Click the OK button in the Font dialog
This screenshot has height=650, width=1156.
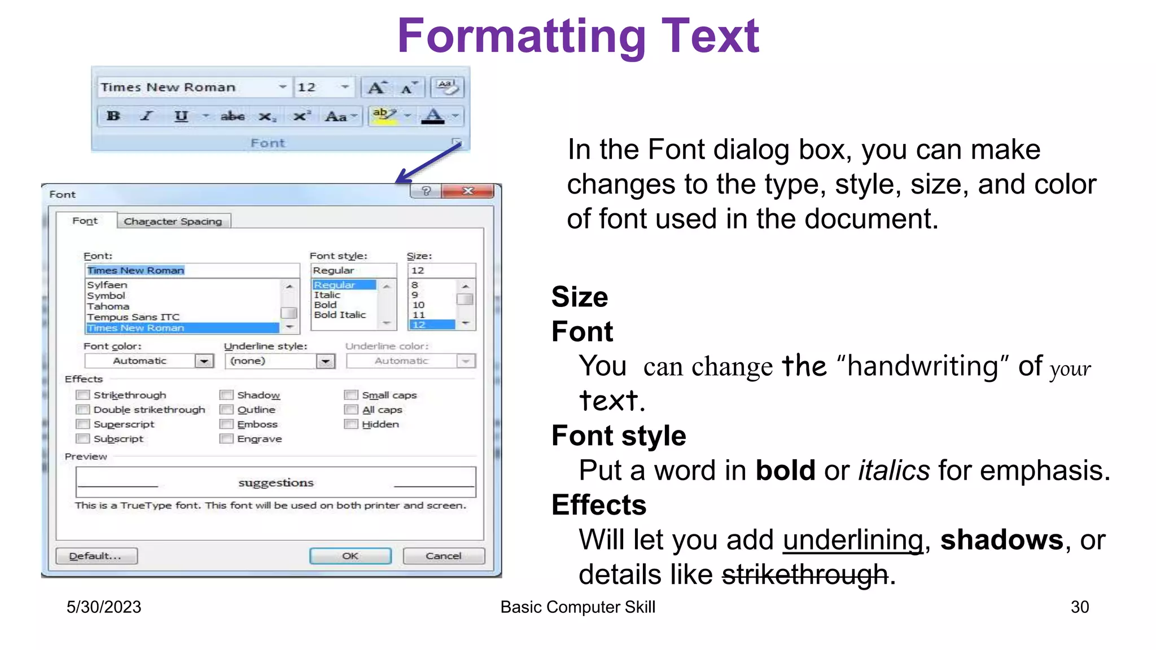[350, 556]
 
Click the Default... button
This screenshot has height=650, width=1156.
[97, 556]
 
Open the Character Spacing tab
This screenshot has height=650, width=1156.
[173, 221]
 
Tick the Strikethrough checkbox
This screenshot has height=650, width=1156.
[83, 395]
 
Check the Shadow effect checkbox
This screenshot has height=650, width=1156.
[226, 395]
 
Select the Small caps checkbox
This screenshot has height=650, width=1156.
[351, 395]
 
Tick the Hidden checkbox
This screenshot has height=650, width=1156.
[351, 424]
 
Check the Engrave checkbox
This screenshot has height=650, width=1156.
[226, 439]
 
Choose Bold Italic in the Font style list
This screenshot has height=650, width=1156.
[340, 315]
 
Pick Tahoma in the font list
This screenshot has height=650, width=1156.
[108, 306]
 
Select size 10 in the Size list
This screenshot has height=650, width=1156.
[418, 305]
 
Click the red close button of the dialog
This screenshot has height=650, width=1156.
[468, 191]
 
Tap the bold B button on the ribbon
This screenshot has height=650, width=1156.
[113, 116]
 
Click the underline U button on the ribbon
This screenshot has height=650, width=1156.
[181, 116]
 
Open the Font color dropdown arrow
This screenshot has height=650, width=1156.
[204, 361]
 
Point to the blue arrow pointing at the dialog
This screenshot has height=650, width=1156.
[429, 164]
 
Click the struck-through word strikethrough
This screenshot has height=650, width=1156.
[805, 575]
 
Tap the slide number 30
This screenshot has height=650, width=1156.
[1079, 607]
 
